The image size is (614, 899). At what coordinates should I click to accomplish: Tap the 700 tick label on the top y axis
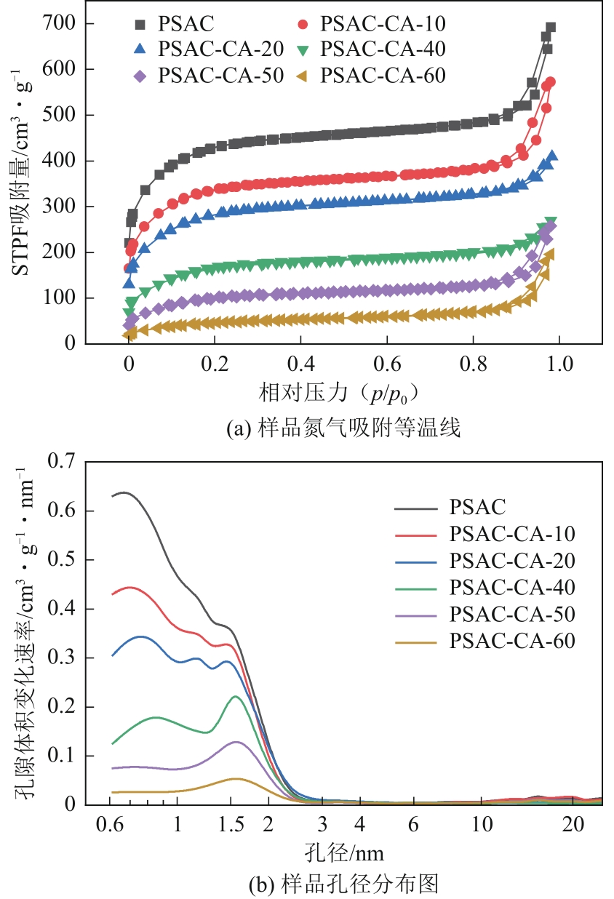point(59,24)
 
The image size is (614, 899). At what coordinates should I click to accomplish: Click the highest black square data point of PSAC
point(550,28)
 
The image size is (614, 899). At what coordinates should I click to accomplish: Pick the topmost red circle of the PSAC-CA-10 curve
point(550,82)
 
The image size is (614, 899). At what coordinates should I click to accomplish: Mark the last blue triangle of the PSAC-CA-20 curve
point(552,156)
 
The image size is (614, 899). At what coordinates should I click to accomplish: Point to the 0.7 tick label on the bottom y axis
point(61,462)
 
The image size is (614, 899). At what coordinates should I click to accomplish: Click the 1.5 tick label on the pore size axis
point(231,826)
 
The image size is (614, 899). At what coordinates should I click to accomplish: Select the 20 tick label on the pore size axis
point(573,826)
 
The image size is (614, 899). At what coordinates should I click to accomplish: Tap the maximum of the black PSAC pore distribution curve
point(124,492)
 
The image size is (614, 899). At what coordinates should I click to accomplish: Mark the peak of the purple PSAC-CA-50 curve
point(236,742)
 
